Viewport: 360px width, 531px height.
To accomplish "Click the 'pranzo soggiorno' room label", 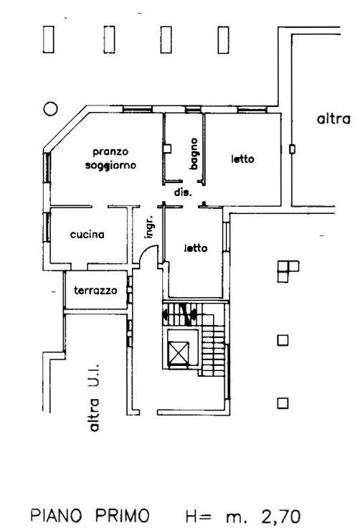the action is [110, 159].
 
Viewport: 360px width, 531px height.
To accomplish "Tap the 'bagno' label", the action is [194, 154].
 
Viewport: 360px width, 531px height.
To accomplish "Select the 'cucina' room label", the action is [87, 235].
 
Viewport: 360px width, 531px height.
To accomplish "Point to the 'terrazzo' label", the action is [95, 290].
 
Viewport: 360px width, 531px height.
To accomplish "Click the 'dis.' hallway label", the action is [183, 192].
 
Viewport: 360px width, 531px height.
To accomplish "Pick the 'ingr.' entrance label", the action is [149, 227].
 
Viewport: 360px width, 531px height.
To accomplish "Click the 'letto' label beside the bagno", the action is [242, 159].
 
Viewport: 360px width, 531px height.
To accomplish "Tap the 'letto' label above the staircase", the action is [196, 248].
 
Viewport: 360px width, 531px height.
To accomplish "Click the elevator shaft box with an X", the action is [179, 352].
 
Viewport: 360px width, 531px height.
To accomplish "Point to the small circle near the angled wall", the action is [50, 108].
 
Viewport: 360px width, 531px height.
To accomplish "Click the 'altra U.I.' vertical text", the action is [95, 398].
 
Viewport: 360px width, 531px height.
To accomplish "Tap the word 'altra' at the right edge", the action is [333, 119].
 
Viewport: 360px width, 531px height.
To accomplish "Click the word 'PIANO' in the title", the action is [56, 515].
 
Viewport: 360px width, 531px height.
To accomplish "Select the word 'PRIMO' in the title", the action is [122, 515].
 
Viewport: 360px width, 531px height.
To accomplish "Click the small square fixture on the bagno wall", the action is [167, 149].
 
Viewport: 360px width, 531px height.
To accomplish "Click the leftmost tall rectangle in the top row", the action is [48, 39].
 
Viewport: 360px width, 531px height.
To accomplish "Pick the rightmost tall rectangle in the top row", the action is [223, 39].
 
